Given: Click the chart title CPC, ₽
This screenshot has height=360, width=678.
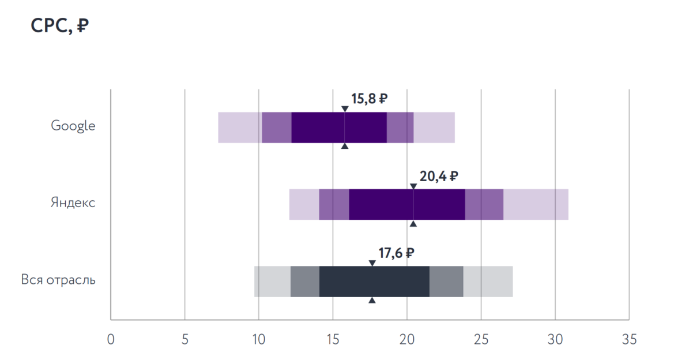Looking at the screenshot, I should (60, 27).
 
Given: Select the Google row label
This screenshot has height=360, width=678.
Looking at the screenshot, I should (73, 126).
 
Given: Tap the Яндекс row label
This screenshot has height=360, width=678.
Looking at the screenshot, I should (73, 203).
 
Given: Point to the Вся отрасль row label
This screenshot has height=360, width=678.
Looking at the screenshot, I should (58, 280).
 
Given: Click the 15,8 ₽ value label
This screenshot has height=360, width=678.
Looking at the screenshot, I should (369, 99).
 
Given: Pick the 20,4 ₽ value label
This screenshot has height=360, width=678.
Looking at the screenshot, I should (439, 176).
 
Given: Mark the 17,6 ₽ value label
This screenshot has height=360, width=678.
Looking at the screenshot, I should (397, 253).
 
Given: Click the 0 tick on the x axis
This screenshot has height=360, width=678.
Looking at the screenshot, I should (111, 339).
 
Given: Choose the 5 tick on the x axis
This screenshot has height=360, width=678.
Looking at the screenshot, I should (184, 339).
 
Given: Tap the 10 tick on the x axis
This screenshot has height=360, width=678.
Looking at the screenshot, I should (259, 339).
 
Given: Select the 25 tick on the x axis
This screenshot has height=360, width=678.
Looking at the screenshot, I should (481, 339).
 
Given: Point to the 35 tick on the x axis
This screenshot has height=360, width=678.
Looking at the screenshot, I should (629, 339).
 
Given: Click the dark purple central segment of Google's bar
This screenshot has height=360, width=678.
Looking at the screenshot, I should (339, 127).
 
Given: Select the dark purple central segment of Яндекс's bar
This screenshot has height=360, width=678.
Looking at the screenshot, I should (406, 204).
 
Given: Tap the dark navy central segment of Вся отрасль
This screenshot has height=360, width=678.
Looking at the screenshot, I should (374, 282).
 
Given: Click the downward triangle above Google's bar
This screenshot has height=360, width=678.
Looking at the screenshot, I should (345, 108).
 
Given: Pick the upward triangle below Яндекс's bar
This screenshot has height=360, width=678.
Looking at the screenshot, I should (413, 223).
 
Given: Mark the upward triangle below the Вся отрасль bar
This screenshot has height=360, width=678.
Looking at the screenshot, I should (372, 300).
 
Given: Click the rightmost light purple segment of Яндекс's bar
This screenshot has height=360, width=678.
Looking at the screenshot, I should (536, 204).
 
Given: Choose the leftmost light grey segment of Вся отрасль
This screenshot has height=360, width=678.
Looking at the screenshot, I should (272, 282).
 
